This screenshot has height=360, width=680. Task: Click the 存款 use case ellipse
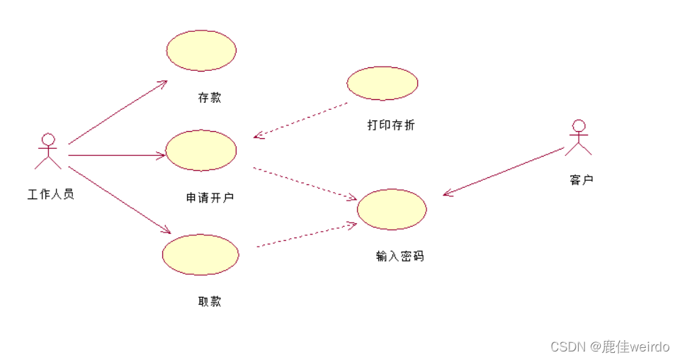(201, 50)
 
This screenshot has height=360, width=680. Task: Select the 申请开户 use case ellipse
(200, 150)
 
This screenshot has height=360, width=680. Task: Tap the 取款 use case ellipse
(200, 254)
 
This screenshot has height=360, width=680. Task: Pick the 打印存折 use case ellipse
(382, 83)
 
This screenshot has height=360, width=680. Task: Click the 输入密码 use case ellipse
(392, 209)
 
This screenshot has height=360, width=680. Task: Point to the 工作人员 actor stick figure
(48, 151)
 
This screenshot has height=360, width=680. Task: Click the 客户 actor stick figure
(579, 137)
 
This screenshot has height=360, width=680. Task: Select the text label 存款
(210, 98)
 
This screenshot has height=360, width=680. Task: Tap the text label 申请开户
(210, 198)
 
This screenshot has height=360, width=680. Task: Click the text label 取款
(210, 301)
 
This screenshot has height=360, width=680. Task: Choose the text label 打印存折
(391, 125)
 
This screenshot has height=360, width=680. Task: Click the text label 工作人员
(50, 194)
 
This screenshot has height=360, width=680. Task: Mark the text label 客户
(582, 180)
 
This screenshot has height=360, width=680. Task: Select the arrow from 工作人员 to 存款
(117, 112)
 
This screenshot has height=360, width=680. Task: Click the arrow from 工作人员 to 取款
(119, 200)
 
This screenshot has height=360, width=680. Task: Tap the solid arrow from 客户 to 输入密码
(504, 171)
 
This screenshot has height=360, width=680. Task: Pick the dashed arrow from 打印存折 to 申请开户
(301, 120)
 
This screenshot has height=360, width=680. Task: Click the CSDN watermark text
(610, 347)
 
